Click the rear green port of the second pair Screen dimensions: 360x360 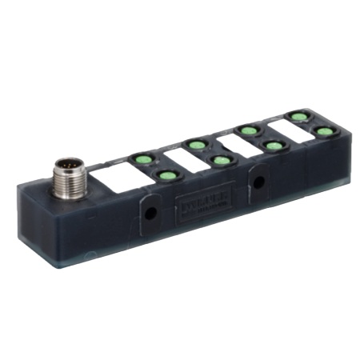pyautogui.click(x=194, y=145)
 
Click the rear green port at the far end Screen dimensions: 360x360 pyautogui.click(x=298, y=117)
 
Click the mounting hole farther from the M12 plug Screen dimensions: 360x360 pyautogui.click(x=259, y=182)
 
